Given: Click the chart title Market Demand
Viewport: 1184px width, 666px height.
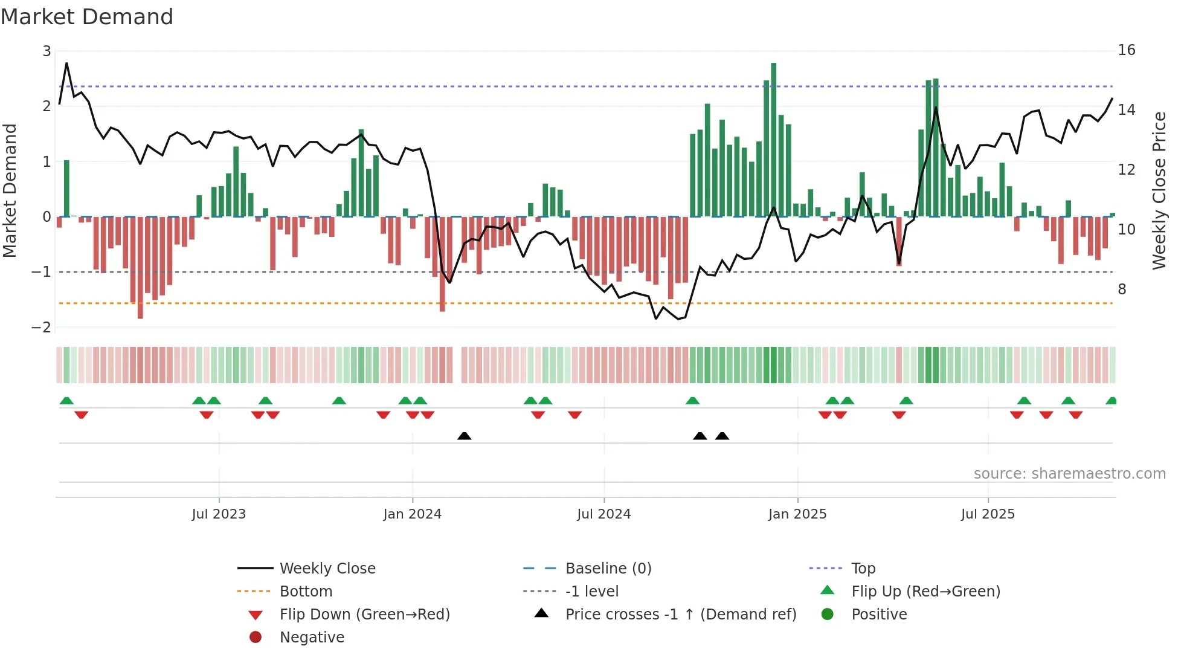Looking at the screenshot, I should click(87, 17).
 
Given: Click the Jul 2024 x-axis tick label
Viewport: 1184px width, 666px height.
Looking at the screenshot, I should click(603, 514).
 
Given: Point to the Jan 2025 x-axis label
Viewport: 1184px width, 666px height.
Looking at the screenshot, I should click(797, 514).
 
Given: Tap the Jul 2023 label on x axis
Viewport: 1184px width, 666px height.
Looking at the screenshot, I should click(219, 514).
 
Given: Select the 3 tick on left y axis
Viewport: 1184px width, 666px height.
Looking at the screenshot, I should click(47, 51).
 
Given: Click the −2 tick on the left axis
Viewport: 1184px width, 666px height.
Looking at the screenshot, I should click(42, 327).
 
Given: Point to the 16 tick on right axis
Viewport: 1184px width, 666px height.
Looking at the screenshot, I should click(1126, 50).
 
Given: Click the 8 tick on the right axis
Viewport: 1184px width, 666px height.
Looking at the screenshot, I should click(1122, 289).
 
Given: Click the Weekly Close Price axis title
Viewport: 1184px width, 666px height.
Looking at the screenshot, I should click(1159, 190).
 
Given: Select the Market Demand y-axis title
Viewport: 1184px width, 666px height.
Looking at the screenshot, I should click(10, 190).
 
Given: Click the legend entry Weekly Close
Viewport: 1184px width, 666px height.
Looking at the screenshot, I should click(327, 569).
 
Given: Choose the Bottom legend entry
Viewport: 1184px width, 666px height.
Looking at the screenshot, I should click(306, 592).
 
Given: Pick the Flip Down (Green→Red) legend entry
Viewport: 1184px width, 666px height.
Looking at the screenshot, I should click(364, 615).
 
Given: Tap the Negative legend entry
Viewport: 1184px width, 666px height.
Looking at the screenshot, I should click(312, 638).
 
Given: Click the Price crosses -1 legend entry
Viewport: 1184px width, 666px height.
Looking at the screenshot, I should click(680, 615).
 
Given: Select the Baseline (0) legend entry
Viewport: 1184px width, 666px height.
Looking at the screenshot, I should click(608, 569).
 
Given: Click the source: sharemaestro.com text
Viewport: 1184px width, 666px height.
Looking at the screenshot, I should click(1069, 474).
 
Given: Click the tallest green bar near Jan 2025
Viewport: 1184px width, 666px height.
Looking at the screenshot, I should click(773, 139).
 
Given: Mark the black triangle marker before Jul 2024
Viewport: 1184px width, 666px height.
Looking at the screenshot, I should click(464, 436).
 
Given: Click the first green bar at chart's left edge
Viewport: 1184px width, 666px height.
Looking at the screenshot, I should click(66, 188).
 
